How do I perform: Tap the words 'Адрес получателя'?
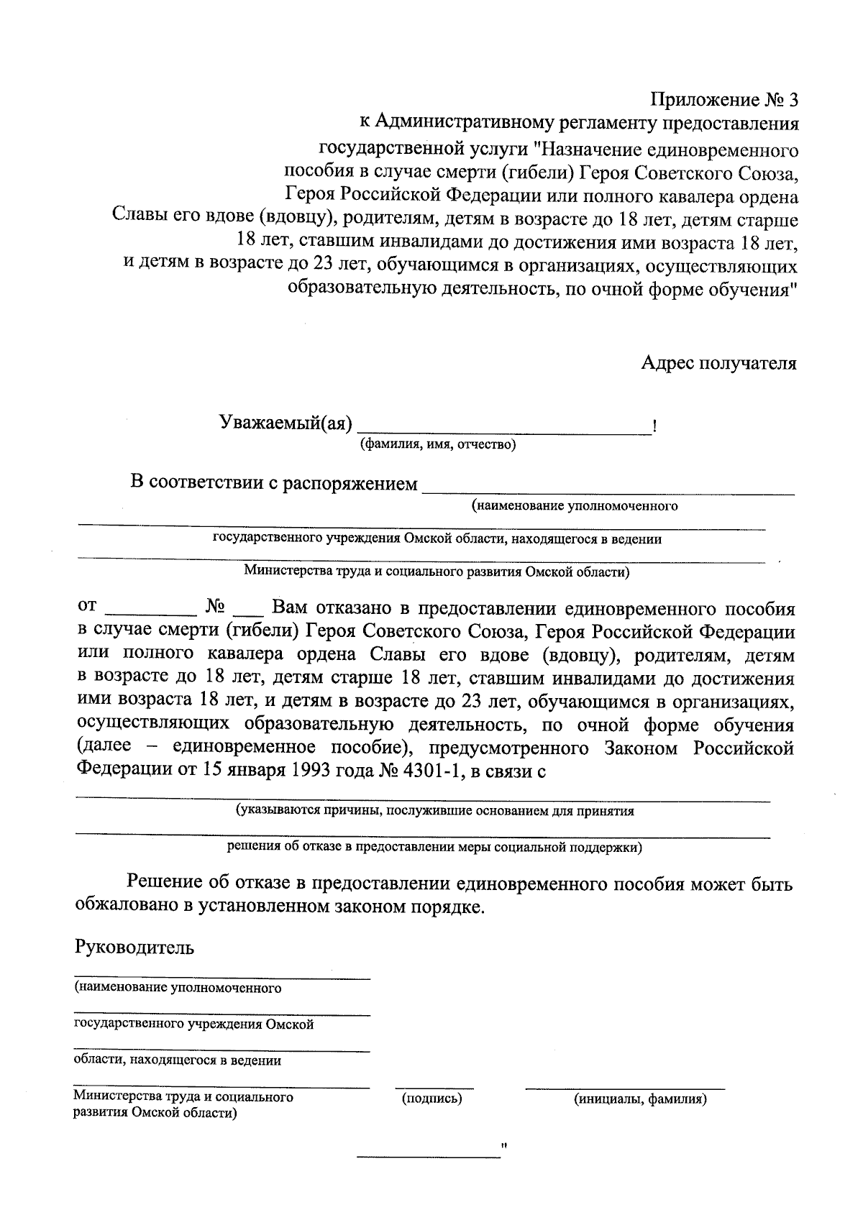(x=718, y=363)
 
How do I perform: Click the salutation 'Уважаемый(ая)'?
(x=286, y=423)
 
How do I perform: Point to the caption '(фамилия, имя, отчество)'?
(x=438, y=445)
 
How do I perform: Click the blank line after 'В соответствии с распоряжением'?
(x=608, y=492)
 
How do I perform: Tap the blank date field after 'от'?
(x=151, y=613)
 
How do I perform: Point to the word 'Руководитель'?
(x=134, y=947)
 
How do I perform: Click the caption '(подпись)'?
(x=431, y=1099)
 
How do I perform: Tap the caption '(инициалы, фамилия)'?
(x=639, y=1099)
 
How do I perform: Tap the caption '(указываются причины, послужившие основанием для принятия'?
(x=435, y=811)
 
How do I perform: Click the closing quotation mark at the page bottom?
(x=504, y=1145)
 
